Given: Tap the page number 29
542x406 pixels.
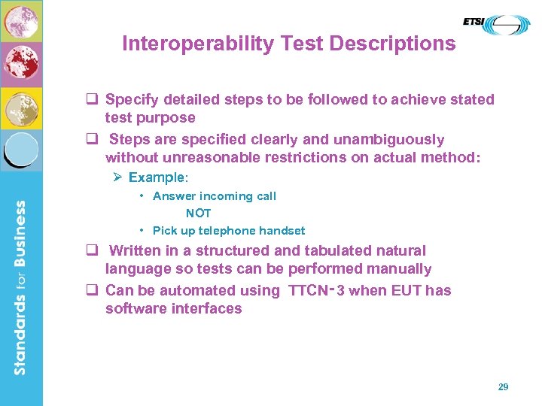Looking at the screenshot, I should point(503,386).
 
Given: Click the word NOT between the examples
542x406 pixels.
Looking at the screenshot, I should point(199,214).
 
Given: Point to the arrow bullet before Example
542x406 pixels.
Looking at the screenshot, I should point(117,177).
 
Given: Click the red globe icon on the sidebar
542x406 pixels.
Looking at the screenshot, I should point(21,65).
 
